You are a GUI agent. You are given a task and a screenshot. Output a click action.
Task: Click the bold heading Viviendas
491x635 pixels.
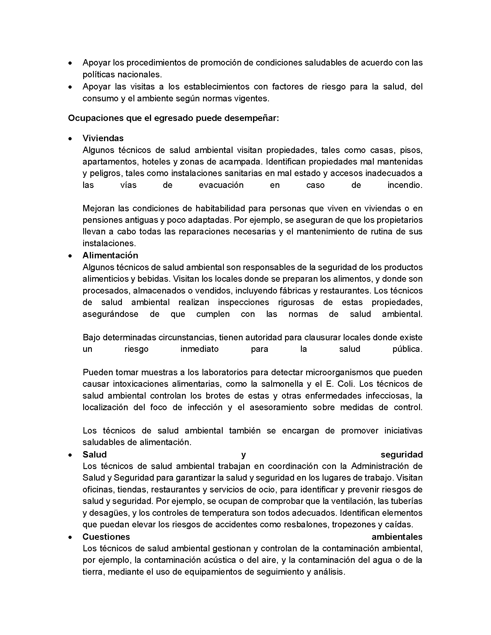[103, 138]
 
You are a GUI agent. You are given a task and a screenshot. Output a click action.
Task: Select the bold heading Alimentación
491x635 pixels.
[110, 255]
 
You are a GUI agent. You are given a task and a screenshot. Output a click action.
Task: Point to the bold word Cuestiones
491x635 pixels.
[106, 537]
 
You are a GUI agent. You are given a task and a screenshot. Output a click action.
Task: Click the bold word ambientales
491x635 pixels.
[397, 537]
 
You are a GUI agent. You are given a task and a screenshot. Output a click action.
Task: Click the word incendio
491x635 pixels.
[405, 185]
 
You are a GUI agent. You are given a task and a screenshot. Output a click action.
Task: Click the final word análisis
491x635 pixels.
[329, 572]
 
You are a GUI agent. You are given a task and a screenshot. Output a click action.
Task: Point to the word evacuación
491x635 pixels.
[221, 185]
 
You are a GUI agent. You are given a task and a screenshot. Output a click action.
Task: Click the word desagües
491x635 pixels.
[109, 513]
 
